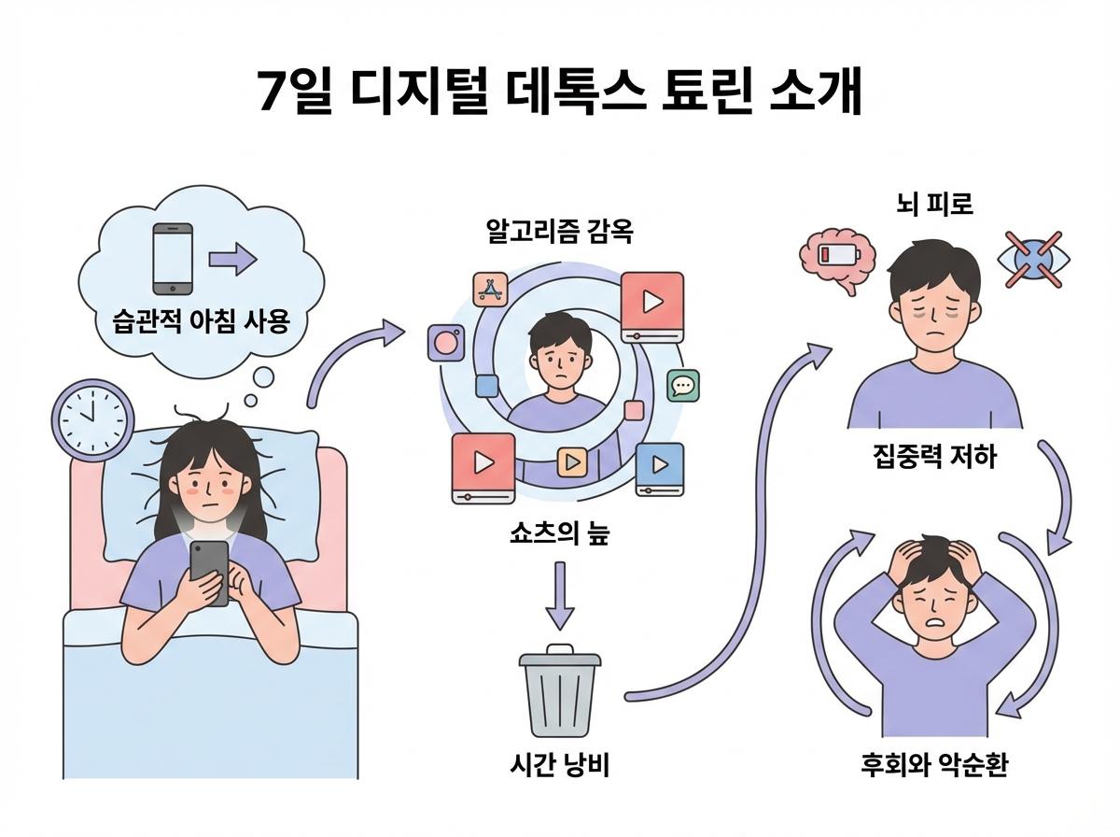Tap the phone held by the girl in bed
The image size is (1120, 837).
coord(210,571)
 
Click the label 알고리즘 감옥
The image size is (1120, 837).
coord(559,232)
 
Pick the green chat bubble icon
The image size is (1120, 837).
coord(684,385)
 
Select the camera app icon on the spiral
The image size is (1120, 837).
coord(445,343)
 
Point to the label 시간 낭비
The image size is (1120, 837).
coord(559,766)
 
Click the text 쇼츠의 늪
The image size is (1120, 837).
coord(559,536)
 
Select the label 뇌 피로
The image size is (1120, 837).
coord(934,205)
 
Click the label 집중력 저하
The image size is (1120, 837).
coord(934,457)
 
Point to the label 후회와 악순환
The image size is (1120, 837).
coord(934,767)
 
